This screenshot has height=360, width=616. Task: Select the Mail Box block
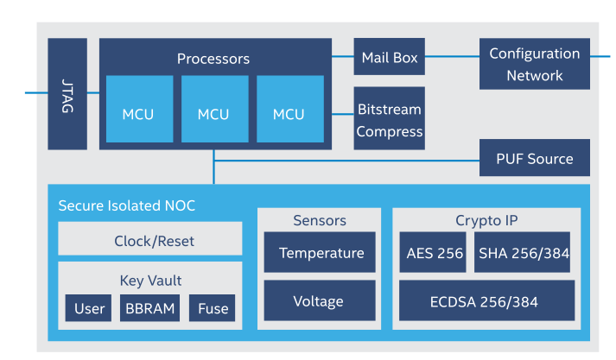point(389,58)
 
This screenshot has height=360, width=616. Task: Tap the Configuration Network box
point(534,64)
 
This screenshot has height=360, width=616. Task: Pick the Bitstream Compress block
point(389,120)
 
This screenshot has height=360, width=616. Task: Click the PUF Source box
point(534,159)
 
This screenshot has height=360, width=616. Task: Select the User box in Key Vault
point(89,308)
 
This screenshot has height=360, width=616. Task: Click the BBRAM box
point(150,308)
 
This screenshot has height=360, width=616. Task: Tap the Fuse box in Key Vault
point(213,308)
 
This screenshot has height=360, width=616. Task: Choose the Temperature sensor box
point(320,253)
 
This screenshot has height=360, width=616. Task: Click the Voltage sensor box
point(320,301)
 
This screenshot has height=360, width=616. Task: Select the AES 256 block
point(434,253)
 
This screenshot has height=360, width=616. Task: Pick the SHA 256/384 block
point(522,253)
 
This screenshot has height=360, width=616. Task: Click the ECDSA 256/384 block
point(486,301)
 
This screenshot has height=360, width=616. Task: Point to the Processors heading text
point(213,59)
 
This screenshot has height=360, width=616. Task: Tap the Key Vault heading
point(150,281)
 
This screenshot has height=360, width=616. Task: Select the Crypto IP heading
point(486,220)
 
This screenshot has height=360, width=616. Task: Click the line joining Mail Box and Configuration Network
point(452,57)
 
